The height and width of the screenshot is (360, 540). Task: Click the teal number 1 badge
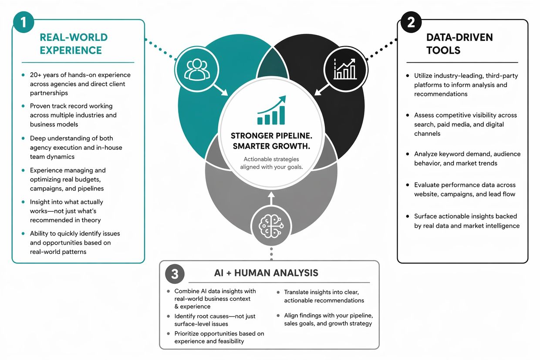(24, 22)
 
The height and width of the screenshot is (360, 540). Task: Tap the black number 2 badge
(411, 23)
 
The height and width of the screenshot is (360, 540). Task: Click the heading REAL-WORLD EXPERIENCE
(73, 44)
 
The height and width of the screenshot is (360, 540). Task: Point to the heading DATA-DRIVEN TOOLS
(459, 44)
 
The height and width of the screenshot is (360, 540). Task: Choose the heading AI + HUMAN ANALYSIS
(266, 273)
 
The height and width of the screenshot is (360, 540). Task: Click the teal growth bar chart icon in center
(271, 111)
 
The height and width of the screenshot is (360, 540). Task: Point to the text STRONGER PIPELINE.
(271, 135)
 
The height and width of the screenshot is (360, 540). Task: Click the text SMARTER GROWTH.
(271, 146)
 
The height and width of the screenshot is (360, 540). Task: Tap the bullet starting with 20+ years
(80, 84)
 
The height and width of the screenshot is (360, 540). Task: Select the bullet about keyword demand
(467, 158)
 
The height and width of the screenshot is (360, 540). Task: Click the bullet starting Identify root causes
(215, 320)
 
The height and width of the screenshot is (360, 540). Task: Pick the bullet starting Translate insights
(324, 296)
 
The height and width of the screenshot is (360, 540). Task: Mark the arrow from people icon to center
(221, 89)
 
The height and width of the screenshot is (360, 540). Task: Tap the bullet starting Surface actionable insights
(466, 221)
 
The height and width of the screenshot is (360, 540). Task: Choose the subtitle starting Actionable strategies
(271, 163)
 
